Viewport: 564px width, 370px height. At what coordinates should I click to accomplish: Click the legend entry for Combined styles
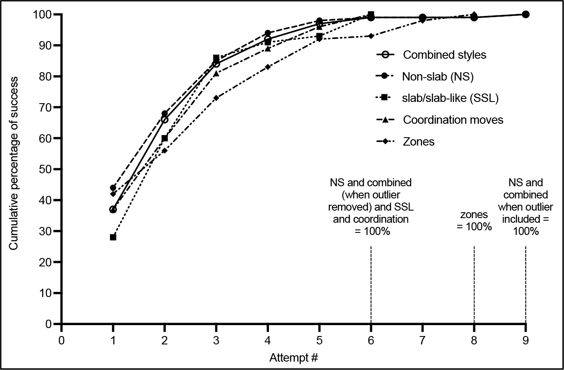pyautogui.click(x=444, y=55)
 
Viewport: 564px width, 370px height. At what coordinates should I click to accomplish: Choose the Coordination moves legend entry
pyautogui.click(x=453, y=120)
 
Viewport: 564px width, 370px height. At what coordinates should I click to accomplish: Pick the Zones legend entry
pyautogui.click(x=418, y=142)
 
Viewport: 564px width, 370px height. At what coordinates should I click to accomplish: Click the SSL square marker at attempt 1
pyautogui.click(x=113, y=237)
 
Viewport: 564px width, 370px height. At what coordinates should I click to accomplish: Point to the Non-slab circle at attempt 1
pyautogui.click(x=113, y=188)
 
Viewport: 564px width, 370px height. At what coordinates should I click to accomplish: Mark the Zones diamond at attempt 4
pyautogui.click(x=268, y=67)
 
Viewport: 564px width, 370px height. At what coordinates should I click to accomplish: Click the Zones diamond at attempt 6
pyautogui.click(x=371, y=36)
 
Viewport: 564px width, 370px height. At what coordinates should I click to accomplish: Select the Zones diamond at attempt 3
pyautogui.click(x=216, y=98)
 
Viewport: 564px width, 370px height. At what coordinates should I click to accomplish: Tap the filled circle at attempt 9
pyautogui.click(x=525, y=14)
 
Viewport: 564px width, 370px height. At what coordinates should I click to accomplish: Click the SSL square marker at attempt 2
pyautogui.click(x=164, y=138)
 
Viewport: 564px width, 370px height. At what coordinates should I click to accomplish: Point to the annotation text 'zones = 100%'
pyautogui.click(x=474, y=221)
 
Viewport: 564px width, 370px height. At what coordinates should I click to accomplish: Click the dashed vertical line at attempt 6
pyautogui.click(x=371, y=285)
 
